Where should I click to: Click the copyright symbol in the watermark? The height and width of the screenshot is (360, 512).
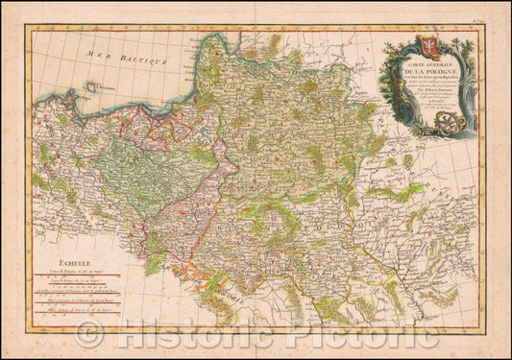88,334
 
